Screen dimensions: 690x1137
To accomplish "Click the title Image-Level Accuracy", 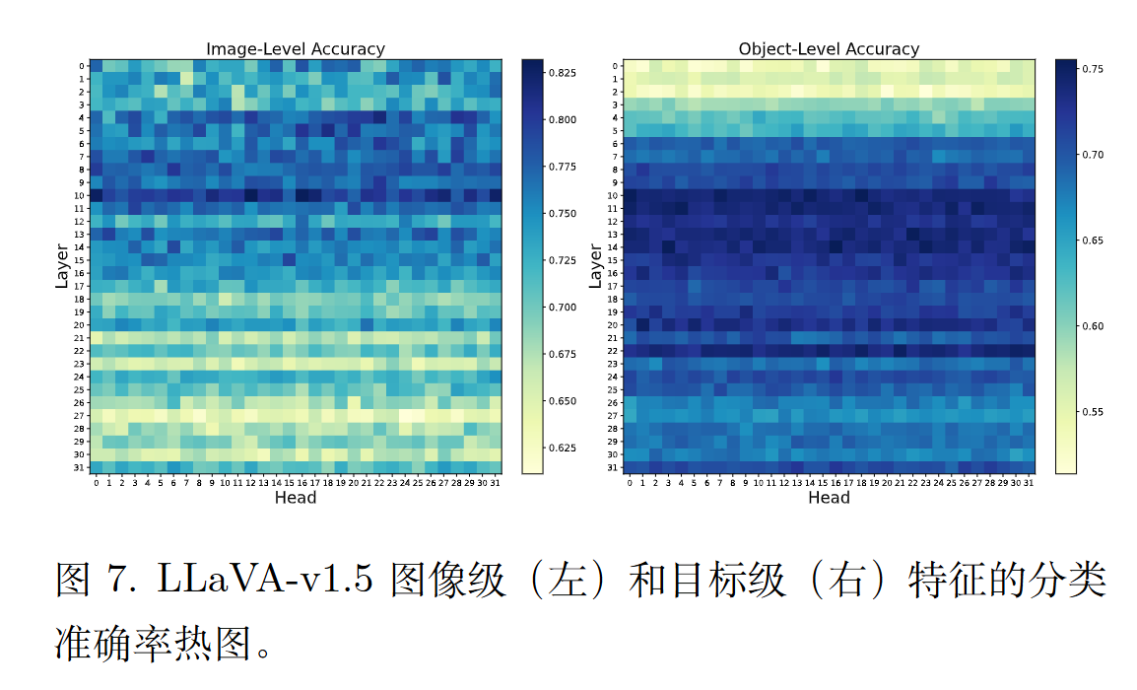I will [295, 49].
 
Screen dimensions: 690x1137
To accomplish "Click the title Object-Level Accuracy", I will [829, 49].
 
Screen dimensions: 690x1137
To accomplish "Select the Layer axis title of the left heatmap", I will [62, 266].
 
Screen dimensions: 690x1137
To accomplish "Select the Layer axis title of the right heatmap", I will [595, 266].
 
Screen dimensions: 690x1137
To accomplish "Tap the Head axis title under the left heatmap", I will [296, 498].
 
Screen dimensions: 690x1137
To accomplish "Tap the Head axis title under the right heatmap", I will [829, 498].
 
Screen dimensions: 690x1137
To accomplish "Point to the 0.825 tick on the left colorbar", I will [563, 73].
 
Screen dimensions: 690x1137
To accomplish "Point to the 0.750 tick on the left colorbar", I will [563, 214].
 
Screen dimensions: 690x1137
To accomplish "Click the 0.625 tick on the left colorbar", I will [563, 448].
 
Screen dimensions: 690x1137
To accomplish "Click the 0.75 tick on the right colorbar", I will [1091, 69].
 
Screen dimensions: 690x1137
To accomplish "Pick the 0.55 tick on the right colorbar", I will [1091, 412].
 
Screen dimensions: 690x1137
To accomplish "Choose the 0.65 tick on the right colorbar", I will [1091, 241].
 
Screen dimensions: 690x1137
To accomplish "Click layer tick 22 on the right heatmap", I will [616, 351].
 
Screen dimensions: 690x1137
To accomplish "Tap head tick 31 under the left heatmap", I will [495, 483].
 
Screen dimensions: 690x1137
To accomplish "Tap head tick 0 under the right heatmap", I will [630, 483].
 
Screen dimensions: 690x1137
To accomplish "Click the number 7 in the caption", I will [111, 581].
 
